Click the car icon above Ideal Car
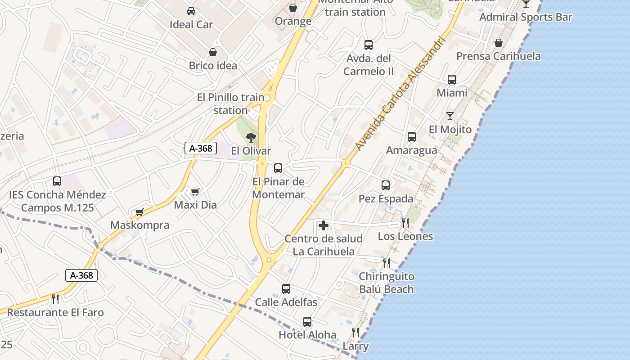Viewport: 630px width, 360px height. [191, 11]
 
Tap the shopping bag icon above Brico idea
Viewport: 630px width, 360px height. [213, 53]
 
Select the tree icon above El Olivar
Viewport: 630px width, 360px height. [251, 137]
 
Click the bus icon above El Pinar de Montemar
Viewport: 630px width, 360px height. [278, 168]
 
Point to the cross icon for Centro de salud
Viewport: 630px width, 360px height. [324, 225]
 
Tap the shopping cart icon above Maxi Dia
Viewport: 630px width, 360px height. [195, 192]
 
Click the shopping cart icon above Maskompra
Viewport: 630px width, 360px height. [139, 212]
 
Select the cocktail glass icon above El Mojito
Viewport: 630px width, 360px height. [450, 116]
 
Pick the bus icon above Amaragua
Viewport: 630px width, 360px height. [411, 137]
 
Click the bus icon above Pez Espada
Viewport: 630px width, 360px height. [386, 185]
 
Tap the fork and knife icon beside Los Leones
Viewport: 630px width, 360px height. [405, 223]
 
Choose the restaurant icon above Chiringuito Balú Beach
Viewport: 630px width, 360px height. [387, 263]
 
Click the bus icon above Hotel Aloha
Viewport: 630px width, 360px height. [307, 322]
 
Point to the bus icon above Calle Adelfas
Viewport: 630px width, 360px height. [286, 289]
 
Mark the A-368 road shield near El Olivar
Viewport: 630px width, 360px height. [201, 148]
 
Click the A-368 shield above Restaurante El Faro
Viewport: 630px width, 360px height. [81, 275]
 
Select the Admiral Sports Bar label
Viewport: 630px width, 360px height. [526, 17]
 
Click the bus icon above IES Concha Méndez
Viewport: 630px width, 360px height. [57, 181]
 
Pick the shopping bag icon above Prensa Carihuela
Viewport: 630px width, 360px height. [499, 43]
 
